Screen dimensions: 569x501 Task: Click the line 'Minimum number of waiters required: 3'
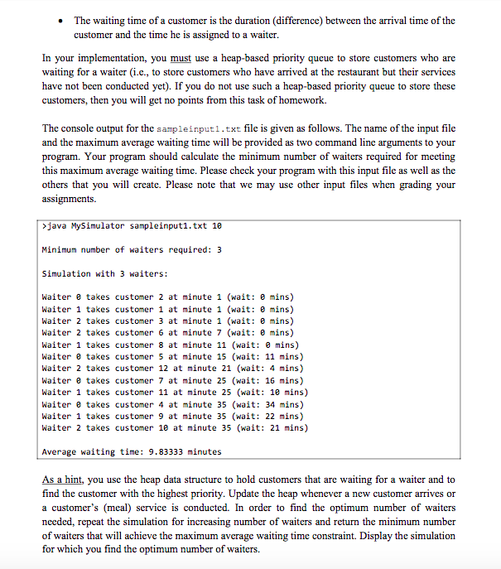(x=131, y=250)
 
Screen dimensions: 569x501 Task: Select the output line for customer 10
(x=175, y=428)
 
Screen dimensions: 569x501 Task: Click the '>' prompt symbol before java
(x=43, y=226)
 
